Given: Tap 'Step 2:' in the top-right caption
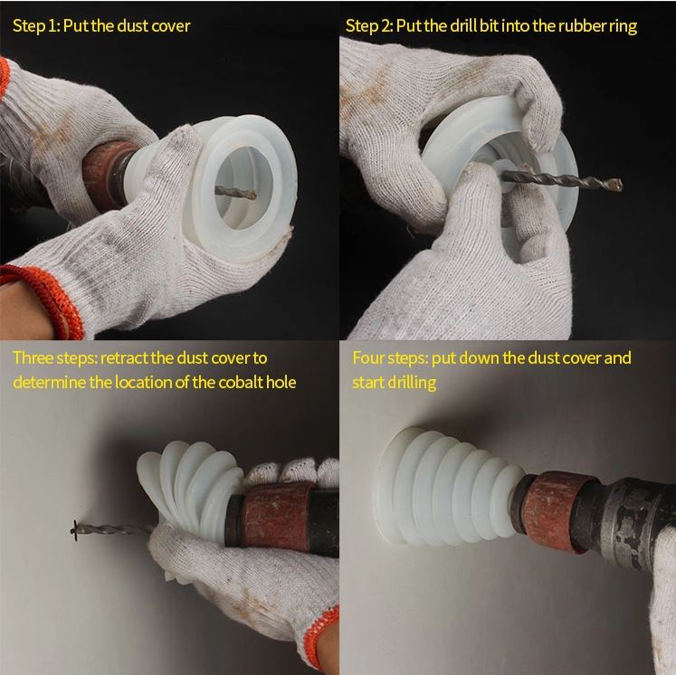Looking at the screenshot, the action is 369,26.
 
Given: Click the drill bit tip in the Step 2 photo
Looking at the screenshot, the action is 617,185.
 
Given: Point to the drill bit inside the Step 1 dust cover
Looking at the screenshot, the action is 235,192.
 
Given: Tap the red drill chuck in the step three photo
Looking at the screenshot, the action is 276,517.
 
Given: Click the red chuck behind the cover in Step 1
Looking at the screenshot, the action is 106,174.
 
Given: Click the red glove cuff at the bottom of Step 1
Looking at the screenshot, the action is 47,298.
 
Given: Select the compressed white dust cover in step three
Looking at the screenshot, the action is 190,487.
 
